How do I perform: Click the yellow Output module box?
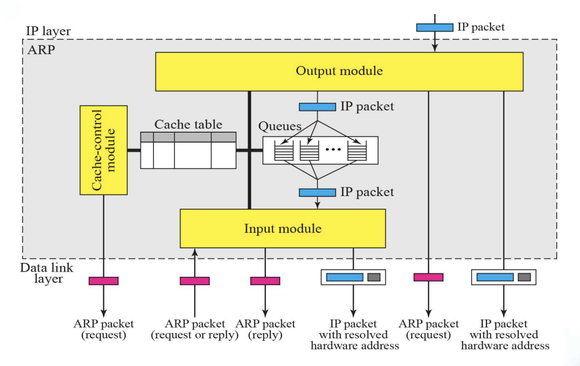pos(339,72)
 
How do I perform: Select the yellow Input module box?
pos(283,229)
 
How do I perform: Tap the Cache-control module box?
pos(104,150)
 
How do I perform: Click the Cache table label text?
pos(188,124)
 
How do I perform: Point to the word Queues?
pos(280,127)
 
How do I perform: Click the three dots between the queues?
pos(334,149)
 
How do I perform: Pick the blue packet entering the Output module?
pos(435,28)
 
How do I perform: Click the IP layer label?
pos(48,32)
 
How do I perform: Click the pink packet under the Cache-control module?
pos(104,281)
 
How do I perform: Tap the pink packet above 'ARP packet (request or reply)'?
pos(195,281)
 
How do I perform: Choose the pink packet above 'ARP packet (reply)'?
pos(265,281)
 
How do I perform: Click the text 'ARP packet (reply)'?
pos(265,329)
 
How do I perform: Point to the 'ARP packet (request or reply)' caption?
pos(195,329)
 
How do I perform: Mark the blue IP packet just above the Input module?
pos(317,193)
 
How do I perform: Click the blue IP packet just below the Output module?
pos(317,107)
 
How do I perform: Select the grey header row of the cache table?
pos(188,137)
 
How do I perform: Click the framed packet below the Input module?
pos(353,277)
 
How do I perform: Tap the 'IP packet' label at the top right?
pos(481,27)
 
